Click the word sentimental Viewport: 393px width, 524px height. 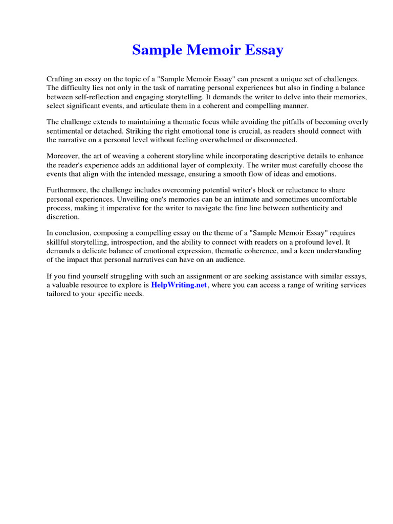(x=65, y=131)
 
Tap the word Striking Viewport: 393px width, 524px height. (x=139, y=131)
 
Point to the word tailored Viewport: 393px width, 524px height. (x=59, y=294)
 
